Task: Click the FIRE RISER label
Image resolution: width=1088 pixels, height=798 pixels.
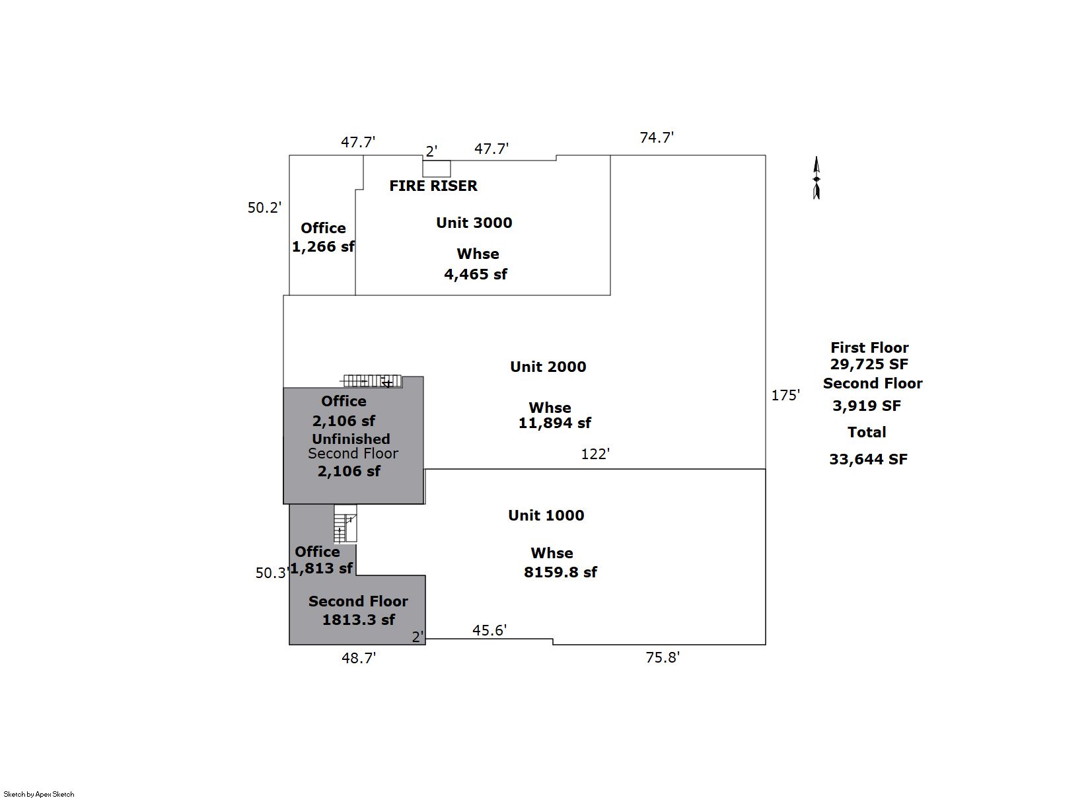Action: pos(433,186)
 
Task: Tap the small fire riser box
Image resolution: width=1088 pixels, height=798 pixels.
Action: pos(437,168)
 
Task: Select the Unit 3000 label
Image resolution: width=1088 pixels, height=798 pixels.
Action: pos(474,223)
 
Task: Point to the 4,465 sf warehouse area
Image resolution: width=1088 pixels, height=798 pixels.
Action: pos(475,274)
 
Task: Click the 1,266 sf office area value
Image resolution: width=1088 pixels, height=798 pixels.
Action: pos(323,246)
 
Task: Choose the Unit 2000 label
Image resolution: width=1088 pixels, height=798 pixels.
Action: pos(548,367)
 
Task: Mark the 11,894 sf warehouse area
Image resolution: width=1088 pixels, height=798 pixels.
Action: pos(554,423)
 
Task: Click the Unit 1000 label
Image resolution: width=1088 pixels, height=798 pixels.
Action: pos(546,515)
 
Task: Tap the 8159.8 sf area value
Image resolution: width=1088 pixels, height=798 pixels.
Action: pos(560,572)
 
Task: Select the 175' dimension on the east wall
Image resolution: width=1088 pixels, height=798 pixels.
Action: pos(785,395)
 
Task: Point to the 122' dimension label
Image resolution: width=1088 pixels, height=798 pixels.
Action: pos(595,454)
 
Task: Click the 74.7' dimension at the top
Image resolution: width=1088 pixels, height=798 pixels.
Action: pos(657,137)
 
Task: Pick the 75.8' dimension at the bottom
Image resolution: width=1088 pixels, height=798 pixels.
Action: pos(663,657)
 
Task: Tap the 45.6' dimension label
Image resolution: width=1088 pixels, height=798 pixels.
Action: pos(489,630)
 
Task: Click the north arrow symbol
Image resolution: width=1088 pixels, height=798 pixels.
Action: pos(816,178)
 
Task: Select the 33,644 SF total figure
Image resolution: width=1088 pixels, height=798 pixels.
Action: pos(868,459)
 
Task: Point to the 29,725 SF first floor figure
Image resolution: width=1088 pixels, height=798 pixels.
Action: pos(869,364)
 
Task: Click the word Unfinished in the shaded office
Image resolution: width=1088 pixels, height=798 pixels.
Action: pos(351,439)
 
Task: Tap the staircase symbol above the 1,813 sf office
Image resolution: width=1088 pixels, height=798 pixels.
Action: pos(345,524)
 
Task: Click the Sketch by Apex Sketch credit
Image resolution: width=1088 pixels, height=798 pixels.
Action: pos(39,794)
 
